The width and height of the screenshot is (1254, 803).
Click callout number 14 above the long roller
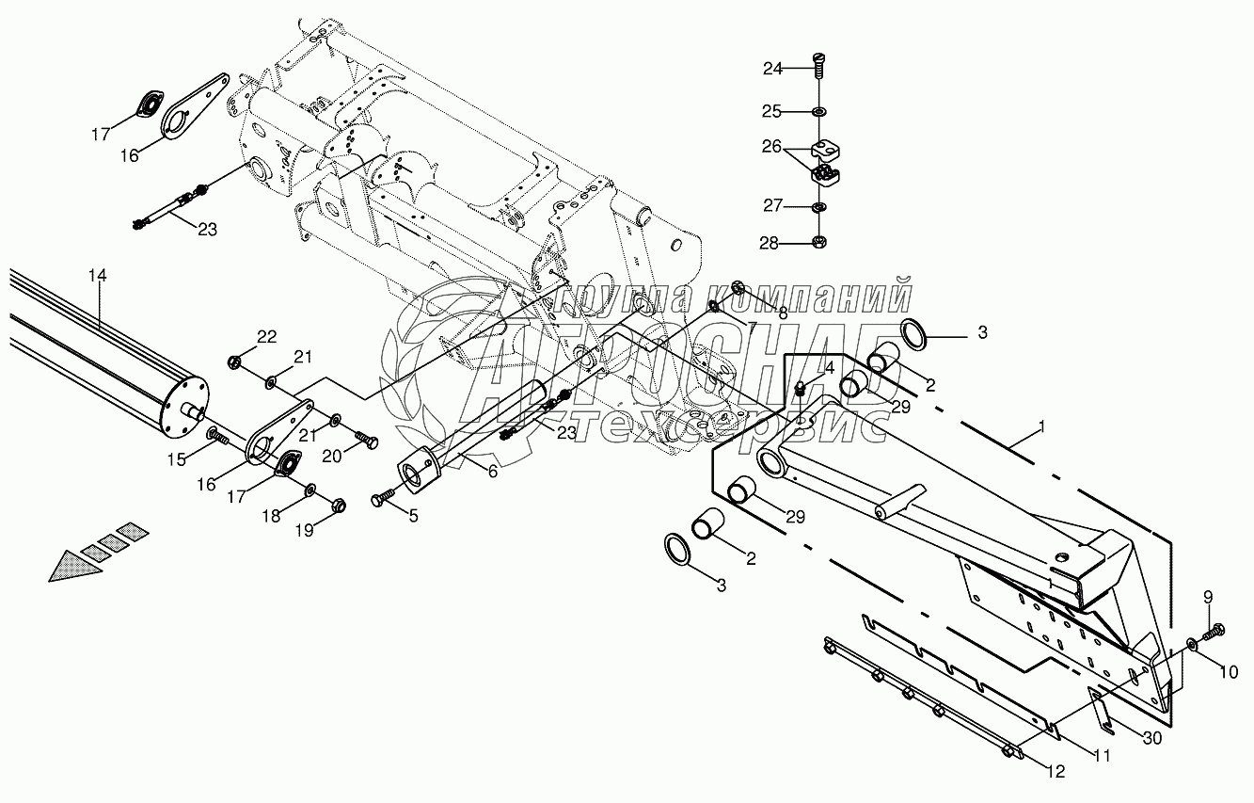98,276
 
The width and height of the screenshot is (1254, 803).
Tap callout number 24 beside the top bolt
772,68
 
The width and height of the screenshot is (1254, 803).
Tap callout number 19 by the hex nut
303,531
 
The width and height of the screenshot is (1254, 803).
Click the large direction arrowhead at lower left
68,567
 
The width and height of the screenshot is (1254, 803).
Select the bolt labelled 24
819,67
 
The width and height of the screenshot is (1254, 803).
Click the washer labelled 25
819,113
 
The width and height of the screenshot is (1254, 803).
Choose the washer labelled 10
1193,645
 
